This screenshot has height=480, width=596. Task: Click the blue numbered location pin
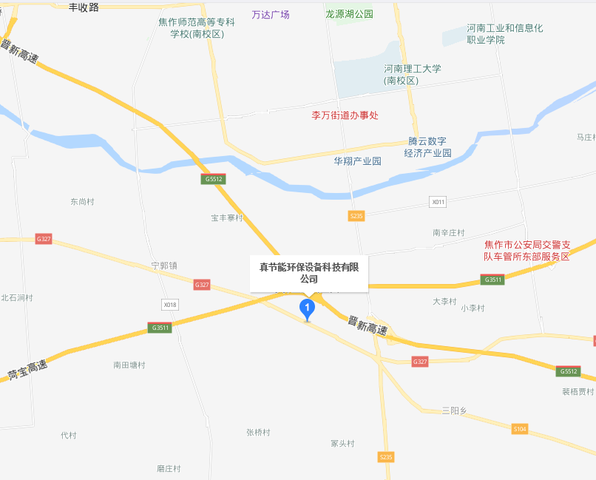coord(306,308)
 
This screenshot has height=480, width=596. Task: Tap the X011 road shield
coord(438,202)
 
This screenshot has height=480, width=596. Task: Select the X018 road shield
coord(170,305)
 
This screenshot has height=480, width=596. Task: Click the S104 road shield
coord(521,429)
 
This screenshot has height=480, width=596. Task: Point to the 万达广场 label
coord(271,15)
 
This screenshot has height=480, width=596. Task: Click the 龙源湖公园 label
coord(350,14)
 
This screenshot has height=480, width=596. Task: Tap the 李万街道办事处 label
coord(345,115)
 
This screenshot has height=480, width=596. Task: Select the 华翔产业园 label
coord(357,161)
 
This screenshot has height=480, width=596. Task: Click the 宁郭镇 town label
coord(164,265)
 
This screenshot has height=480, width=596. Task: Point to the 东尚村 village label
coord(83,201)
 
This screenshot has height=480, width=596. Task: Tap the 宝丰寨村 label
coord(227,218)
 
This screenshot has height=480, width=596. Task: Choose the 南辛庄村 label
coord(449,232)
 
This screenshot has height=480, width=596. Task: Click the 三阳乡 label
coord(454,410)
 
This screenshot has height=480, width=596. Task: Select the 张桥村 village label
coord(258,433)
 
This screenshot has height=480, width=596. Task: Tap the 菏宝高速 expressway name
coord(27,370)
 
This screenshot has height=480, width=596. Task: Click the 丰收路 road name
coord(84,7)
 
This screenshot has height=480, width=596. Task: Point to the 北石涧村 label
coord(17,297)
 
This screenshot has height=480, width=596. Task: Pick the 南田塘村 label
coord(129,365)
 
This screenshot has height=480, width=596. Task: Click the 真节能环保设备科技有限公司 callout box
coord(308,273)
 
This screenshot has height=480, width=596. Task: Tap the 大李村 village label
coord(445,301)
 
